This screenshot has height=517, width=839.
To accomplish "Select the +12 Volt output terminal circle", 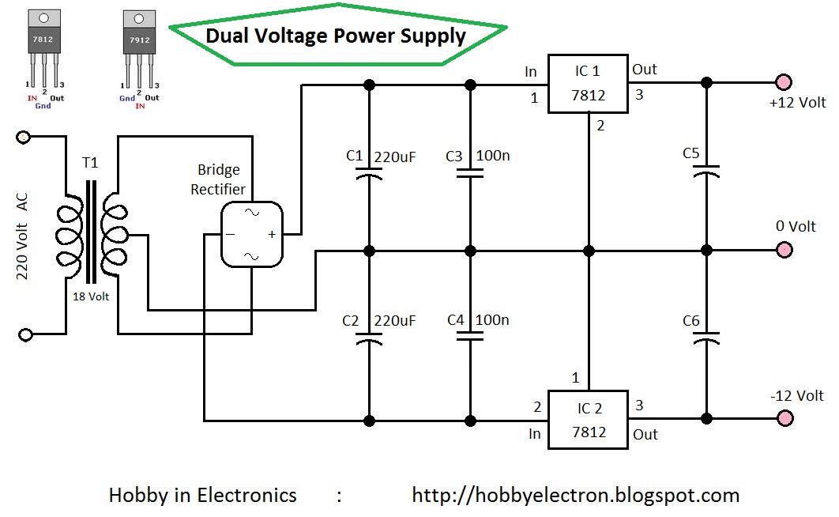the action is click(x=784, y=82).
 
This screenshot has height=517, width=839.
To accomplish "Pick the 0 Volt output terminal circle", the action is click(x=784, y=250).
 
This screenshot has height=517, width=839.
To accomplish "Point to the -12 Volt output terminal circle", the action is click(x=784, y=418).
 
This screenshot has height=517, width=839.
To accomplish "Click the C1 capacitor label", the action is click(x=354, y=156).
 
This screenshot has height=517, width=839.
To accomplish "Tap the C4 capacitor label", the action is click(x=455, y=320).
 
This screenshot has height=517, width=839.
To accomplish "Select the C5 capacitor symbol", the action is click(x=706, y=171).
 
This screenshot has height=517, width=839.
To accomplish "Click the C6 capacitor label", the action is click(x=690, y=321).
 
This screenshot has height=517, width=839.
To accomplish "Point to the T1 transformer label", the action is click(x=90, y=162).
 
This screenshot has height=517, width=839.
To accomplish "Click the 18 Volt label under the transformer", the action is click(x=91, y=296).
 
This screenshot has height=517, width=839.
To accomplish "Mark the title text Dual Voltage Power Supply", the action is click(x=336, y=36).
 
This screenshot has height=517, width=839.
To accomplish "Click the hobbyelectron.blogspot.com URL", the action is click(x=576, y=495).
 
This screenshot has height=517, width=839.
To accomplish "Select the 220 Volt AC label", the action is click(x=21, y=236).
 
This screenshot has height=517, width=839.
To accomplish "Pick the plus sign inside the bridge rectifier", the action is click(x=272, y=234).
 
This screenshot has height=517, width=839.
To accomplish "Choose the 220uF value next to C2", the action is click(x=395, y=321).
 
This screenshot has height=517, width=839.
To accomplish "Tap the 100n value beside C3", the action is click(x=493, y=156).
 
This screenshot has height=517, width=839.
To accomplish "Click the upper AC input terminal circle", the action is click(x=24, y=137).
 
